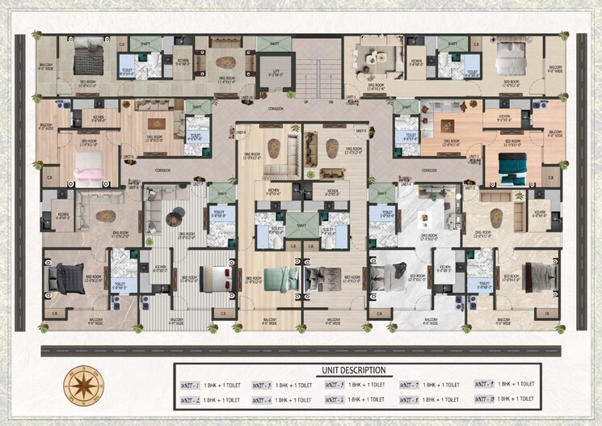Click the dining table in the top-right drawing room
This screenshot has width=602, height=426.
click(373, 58)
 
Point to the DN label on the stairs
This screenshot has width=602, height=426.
click(330, 103)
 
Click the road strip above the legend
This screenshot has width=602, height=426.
click(301, 352)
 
